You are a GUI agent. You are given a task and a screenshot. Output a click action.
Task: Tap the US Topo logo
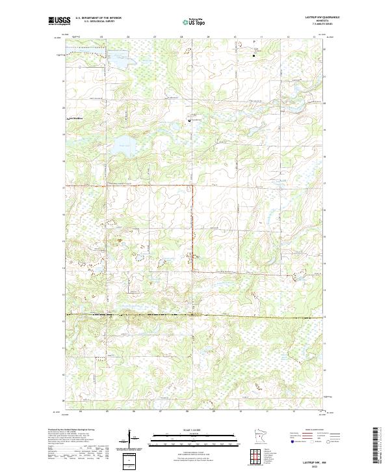pyautogui.click(x=193, y=21)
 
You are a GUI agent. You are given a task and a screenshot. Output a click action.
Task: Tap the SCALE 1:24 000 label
pyautogui.click(x=193, y=430)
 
